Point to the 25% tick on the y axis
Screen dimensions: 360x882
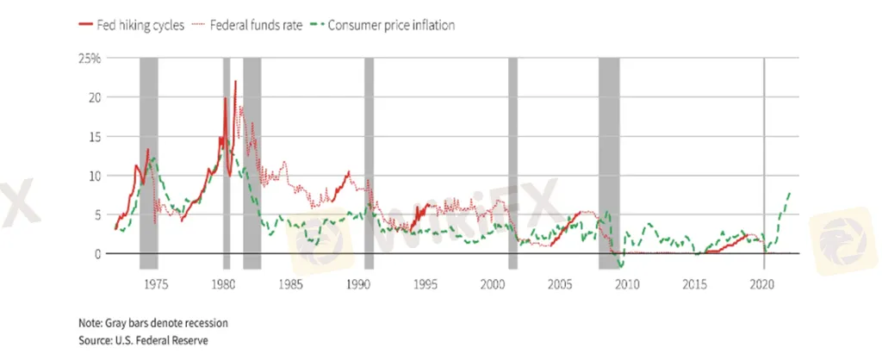[x=90, y=59]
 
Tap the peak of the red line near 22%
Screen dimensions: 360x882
[x=235, y=82]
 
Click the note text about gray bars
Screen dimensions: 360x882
[x=153, y=323]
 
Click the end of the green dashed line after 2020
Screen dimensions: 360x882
[x=790, y=193]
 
